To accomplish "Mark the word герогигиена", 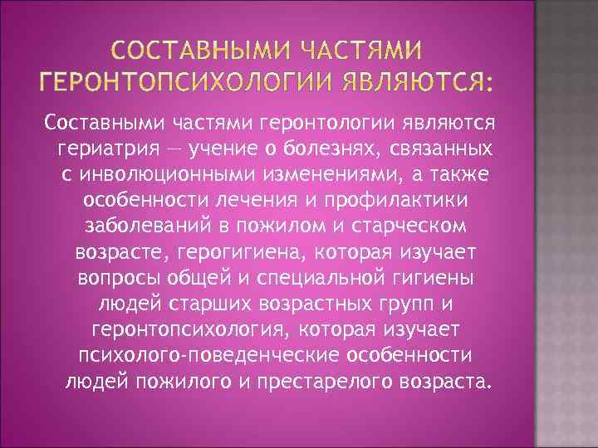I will pos(248,253).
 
